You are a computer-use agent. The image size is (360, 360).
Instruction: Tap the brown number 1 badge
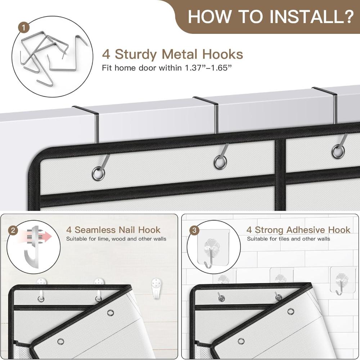coord(24,28)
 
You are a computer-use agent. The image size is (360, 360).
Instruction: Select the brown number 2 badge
coord(13,230)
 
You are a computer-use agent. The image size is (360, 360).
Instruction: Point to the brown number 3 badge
coord(194,230)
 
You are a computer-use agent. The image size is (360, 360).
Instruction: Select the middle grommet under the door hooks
coord(220,162)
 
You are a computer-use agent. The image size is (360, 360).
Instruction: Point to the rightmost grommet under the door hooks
coord(338,152)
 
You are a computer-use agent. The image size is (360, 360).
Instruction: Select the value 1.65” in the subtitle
coord(220,68)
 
